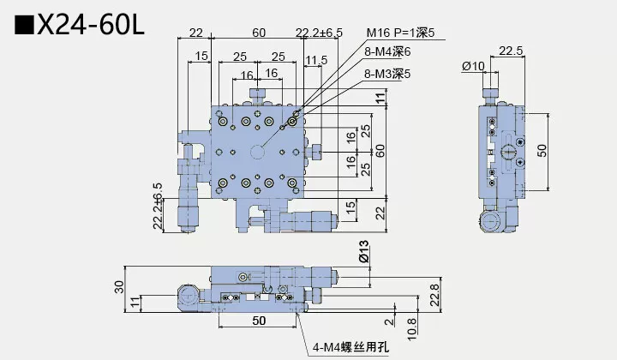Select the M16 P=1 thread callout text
click(x=400, y=33)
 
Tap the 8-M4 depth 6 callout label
click(x=388, y=54)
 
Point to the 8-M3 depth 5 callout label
click(x=388, y=74)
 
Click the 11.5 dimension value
click(x=315, y=60)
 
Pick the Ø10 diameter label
click(x=472, y=67)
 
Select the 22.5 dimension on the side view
click(x=511, y=51)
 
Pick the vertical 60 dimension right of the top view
click(x=380, y=150)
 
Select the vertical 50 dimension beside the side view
click(x=542, y=150)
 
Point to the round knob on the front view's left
click(x=189, y=296)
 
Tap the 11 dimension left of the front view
click(x=135, y=301)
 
